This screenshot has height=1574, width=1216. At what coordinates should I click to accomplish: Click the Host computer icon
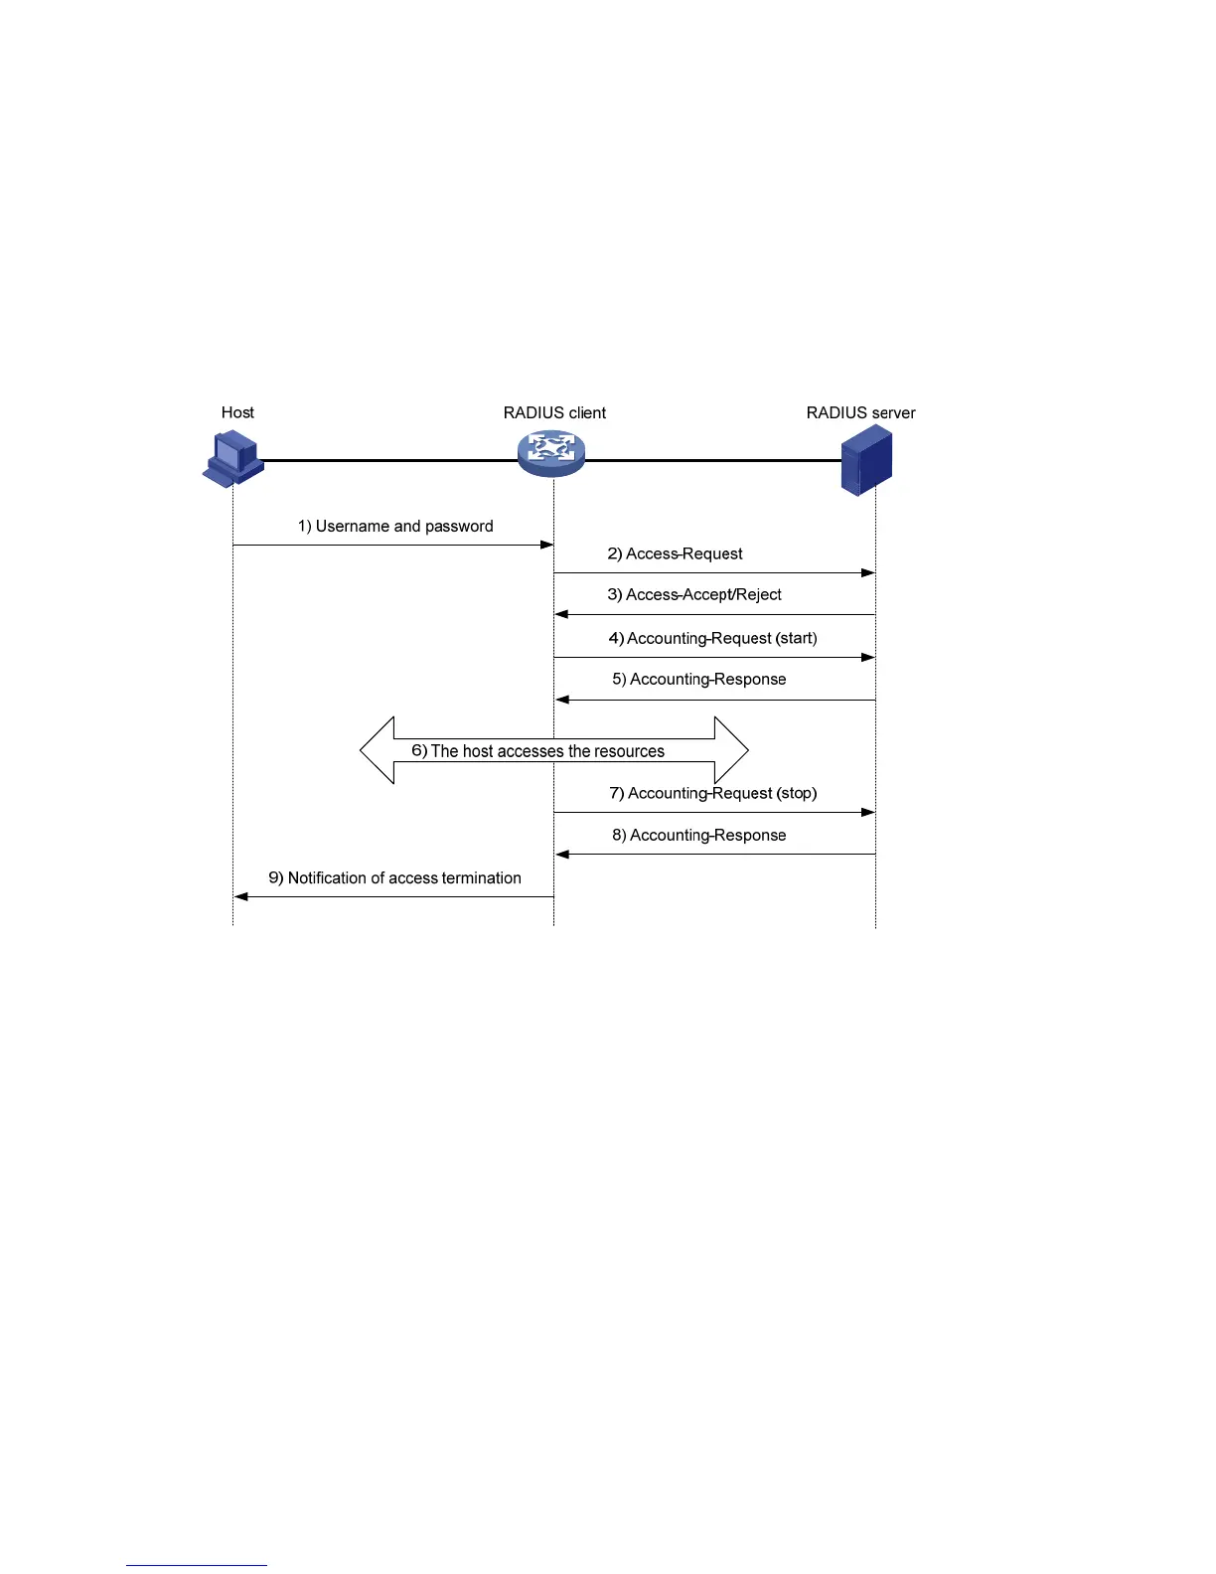coord(233,458)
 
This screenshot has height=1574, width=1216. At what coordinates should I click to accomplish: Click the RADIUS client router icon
coord(551,453)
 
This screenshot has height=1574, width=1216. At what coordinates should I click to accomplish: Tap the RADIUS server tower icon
coord(865,460)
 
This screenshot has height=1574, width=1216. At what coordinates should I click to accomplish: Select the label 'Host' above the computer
coord(237,412)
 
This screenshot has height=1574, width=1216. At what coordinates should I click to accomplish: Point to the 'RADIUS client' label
coord(554,412)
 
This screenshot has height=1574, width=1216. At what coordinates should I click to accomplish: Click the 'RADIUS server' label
coord(860,412)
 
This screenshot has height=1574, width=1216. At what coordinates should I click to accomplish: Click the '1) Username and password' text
coord(395,526)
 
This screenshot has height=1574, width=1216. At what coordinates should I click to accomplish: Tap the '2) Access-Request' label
coord(676,553)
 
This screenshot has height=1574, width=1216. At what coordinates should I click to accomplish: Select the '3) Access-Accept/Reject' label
coord(694,594)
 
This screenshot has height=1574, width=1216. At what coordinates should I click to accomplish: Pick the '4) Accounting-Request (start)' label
coord(712,638)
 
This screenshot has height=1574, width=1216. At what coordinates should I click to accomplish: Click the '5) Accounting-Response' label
coord(698,679)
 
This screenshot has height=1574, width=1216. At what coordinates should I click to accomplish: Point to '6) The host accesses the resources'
coord(537,751)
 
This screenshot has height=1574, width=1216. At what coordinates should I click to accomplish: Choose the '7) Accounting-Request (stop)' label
coord(712,793)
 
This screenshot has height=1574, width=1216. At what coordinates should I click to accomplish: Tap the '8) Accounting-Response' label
coord(698,835)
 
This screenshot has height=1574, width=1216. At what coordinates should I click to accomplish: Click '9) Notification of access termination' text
coord(394,877)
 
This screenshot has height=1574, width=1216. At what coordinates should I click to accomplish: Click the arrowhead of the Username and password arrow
coord(547,545)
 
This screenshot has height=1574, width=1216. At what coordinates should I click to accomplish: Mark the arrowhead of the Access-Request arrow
coord(869,572)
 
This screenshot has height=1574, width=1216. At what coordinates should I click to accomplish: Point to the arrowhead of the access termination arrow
coord(239,896)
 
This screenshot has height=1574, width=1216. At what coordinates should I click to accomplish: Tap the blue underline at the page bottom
coord(196,1565)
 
